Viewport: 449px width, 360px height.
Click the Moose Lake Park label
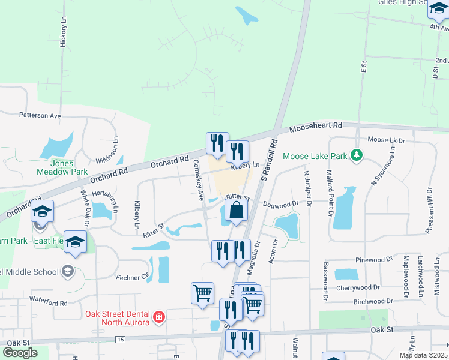[315, 156]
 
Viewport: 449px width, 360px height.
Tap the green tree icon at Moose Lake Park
[357, 155]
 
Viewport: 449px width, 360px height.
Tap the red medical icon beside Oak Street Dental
[159, 317]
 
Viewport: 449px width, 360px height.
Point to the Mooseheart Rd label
[315, 127]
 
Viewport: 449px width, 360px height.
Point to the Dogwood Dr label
[281, 205]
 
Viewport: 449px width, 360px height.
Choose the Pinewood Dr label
[373, 260]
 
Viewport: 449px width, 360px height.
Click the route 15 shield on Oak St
[121, 340]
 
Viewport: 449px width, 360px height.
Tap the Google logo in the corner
[20, 353]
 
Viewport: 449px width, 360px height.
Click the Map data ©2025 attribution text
[423, 355]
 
